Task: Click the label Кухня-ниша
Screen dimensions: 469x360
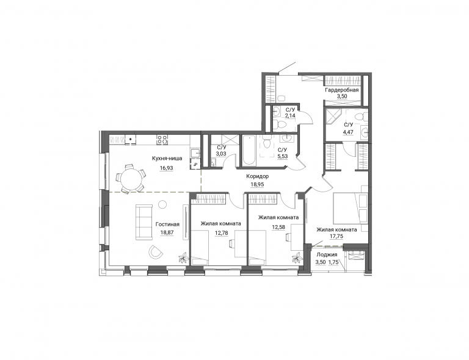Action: click(x=167, y=159)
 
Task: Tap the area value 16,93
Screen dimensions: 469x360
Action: click(x=166, y=168)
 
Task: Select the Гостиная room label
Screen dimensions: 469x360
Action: click(x=167, y=225)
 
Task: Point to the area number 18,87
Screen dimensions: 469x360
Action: click(x=167, y=232)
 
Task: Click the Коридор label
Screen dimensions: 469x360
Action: click(x=257, y=176)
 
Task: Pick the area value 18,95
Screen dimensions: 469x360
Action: click(x=257, y=184)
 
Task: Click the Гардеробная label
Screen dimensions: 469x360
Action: click(x=341, y=90)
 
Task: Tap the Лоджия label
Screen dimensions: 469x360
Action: click(x=327, y=254)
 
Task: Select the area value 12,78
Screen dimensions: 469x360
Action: click(x=222, y=232)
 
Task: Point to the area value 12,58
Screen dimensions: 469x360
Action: click(x=278, y=227)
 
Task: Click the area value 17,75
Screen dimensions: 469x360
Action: click(x=336, y=236)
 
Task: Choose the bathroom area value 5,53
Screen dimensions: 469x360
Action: click(x=283, y=156)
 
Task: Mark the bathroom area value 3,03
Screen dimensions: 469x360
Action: click(x=222, y=154)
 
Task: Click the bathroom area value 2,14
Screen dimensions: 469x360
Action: click(x=290, y=115)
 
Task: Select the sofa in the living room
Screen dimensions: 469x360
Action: click(x=144, y=222)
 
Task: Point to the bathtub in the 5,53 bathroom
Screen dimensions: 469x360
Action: click(x=249, y=151)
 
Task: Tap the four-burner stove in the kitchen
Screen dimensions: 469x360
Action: click(x=162, y=139)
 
